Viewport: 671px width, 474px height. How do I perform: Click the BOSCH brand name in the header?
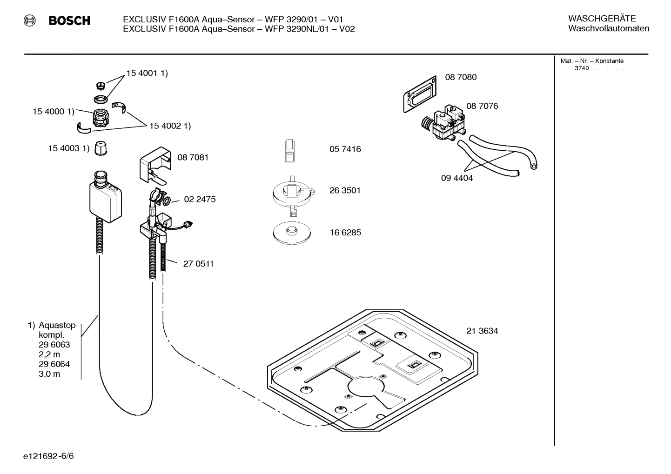tap(69, 20)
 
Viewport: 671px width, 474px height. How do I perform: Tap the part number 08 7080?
tap(461, 77)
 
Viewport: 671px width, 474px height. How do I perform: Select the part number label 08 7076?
tap(482, 106)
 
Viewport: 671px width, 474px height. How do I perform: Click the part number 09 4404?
tap(456, 178)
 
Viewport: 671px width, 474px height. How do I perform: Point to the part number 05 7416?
tap(345, 149)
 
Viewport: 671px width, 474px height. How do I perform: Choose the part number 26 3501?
tap(345, 190)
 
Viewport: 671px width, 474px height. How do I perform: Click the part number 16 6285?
tap(345, 233)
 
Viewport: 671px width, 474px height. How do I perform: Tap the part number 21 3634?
tap(482, 331)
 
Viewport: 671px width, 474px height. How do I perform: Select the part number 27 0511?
tap(198, 264)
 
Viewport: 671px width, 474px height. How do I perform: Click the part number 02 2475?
tap(200, 199)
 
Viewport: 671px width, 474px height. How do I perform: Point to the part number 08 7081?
tap(193, 157)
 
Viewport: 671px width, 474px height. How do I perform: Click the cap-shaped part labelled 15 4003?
tap(101, 148)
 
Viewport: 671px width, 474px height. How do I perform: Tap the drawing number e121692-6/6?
tap(48, 456)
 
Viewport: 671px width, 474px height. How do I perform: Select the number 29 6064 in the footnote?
tap(54, 364)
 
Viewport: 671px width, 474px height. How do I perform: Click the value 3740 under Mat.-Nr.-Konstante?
tap(581, 68)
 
